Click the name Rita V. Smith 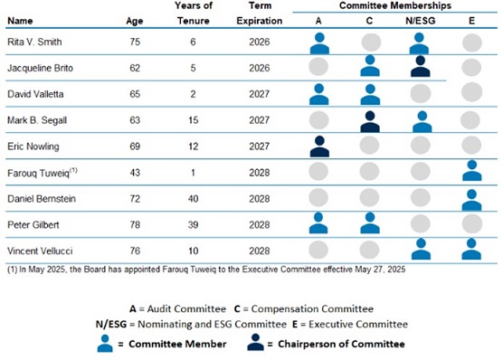34,42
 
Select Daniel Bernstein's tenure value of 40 193,199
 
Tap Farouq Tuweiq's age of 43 135,173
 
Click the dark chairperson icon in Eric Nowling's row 319,147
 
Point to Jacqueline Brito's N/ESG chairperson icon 421,66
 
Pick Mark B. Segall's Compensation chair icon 370,122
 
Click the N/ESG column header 421,21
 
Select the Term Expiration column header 260,14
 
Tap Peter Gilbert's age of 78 135,225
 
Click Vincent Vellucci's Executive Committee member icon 471,249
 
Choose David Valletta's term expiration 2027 260,94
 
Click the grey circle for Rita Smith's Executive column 472,43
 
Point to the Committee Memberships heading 395,5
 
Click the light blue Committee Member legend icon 105,344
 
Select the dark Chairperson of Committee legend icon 255,342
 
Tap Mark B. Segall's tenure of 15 194,120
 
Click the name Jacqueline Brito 40,69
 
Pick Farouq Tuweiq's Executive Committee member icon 472,171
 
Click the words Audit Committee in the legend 186,309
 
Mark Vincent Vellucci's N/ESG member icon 422,249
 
